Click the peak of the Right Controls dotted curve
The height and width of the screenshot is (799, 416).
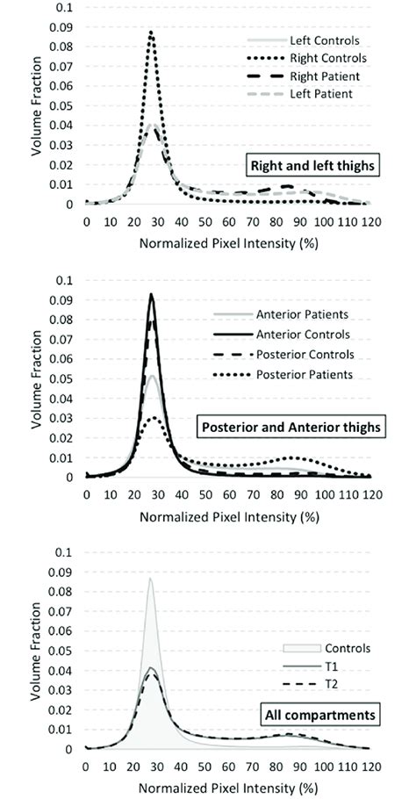point(151,32)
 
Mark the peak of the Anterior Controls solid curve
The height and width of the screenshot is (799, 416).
point(151,294)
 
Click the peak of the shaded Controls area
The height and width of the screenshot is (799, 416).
point(150,578)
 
